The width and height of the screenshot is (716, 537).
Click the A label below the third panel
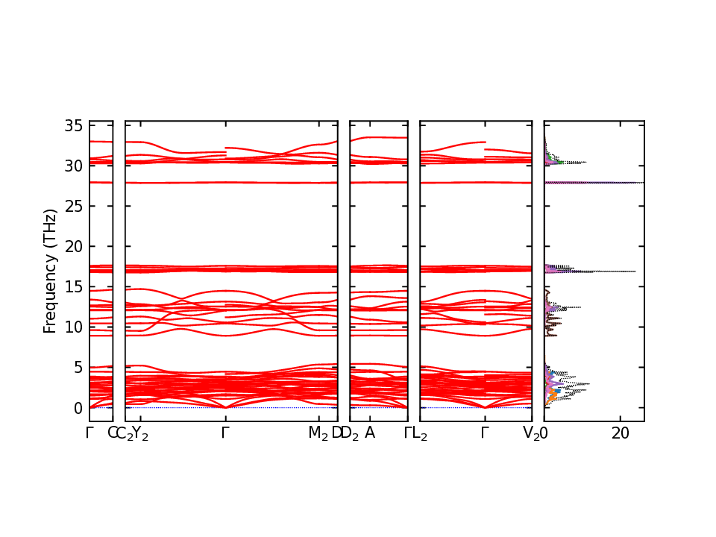pyautogui.click(x=370, y=433)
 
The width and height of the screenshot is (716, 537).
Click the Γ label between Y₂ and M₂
pyautogui.click(x=225, y=433)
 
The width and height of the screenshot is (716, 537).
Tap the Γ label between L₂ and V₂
pyautogui.click(x=485, y=433)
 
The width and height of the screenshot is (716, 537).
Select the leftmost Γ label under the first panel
pyautogui.click(x=89, y=433)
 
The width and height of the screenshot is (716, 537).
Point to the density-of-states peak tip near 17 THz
pyautogui.click(x=635, y=271)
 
